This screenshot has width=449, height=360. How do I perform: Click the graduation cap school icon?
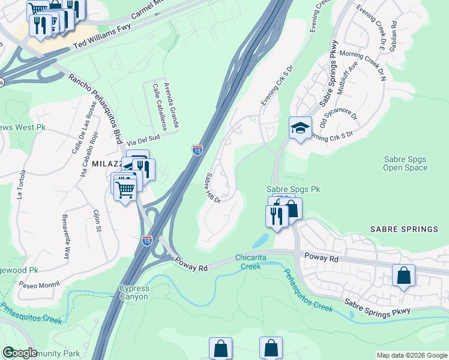(300, 128)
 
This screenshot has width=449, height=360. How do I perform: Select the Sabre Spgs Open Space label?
(405, 163)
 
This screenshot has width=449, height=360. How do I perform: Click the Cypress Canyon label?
(134, 292)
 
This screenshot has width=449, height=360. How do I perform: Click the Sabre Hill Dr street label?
(213, 188)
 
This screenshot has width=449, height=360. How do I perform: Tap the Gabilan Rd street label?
(394, 34)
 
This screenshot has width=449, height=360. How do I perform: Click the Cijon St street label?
(97, 220)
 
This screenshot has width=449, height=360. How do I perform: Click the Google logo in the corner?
(20, 353)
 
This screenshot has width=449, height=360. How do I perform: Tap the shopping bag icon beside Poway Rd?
(403, 275)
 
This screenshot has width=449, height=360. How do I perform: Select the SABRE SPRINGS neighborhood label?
(404, 230)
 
